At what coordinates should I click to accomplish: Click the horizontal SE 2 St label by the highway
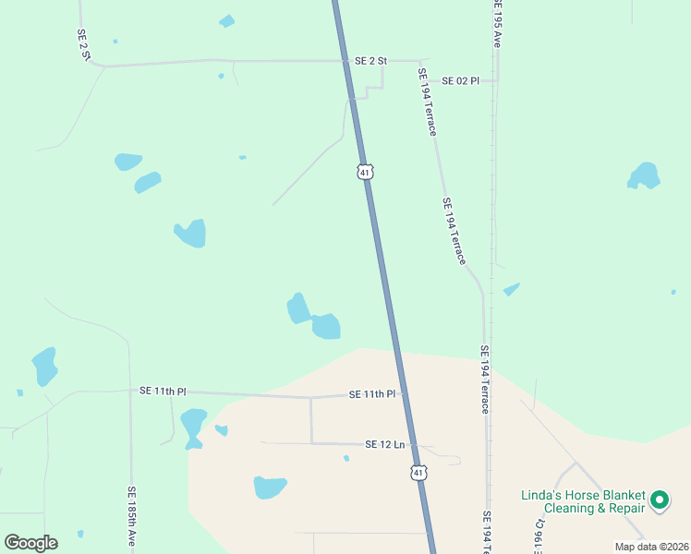tap(370, 61)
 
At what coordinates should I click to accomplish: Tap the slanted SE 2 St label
tap(83, 45)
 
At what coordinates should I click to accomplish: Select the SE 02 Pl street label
tap(460, 81)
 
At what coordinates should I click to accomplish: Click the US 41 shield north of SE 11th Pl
tap(366, 172)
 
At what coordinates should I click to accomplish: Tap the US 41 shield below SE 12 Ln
tap(419, 473)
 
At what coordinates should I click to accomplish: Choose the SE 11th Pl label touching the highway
tap(372, 394)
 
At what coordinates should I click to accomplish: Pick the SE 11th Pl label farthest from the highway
tap(164, 391)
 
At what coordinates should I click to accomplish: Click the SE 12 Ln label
tap(385, 444)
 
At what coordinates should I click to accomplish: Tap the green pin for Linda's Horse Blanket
tap(660, 500)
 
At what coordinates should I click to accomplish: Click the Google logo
tap(30, 543)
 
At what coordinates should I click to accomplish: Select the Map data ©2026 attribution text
tap(651, 547)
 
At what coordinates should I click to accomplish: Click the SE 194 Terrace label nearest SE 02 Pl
tap(426, 102)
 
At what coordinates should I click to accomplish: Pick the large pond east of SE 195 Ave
tap(644, 175)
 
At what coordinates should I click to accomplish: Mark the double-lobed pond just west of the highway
tap(313, 318)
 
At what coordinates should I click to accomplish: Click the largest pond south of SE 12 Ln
tap(270, 487)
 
